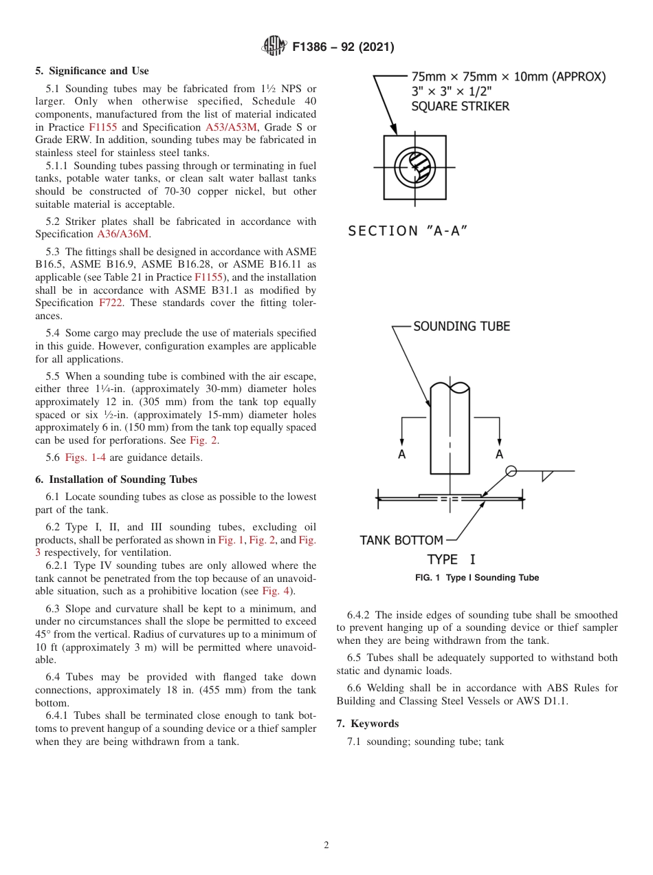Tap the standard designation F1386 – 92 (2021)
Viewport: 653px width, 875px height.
tap(343, 47)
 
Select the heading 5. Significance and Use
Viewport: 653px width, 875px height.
tap(92, 71)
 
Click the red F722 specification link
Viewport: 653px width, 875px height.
tap(111, 303)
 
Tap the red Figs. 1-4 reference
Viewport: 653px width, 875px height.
tap(85, 457)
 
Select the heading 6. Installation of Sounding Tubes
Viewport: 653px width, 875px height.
tap(116, 479)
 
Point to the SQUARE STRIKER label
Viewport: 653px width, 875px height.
tap(460, 106)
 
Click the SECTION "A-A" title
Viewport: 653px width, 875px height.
tap(408, 230)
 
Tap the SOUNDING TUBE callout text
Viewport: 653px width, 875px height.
tap(461, 326)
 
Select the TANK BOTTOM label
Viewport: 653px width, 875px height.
tap(401, 540)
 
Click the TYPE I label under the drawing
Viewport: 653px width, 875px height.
tap(451, 559)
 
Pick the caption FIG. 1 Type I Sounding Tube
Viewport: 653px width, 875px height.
tap(476, 578)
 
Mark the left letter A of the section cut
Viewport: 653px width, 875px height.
tap(401, 454)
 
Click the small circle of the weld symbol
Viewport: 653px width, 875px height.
tap(511, 471)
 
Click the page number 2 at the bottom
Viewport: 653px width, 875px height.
tap(326, 845)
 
